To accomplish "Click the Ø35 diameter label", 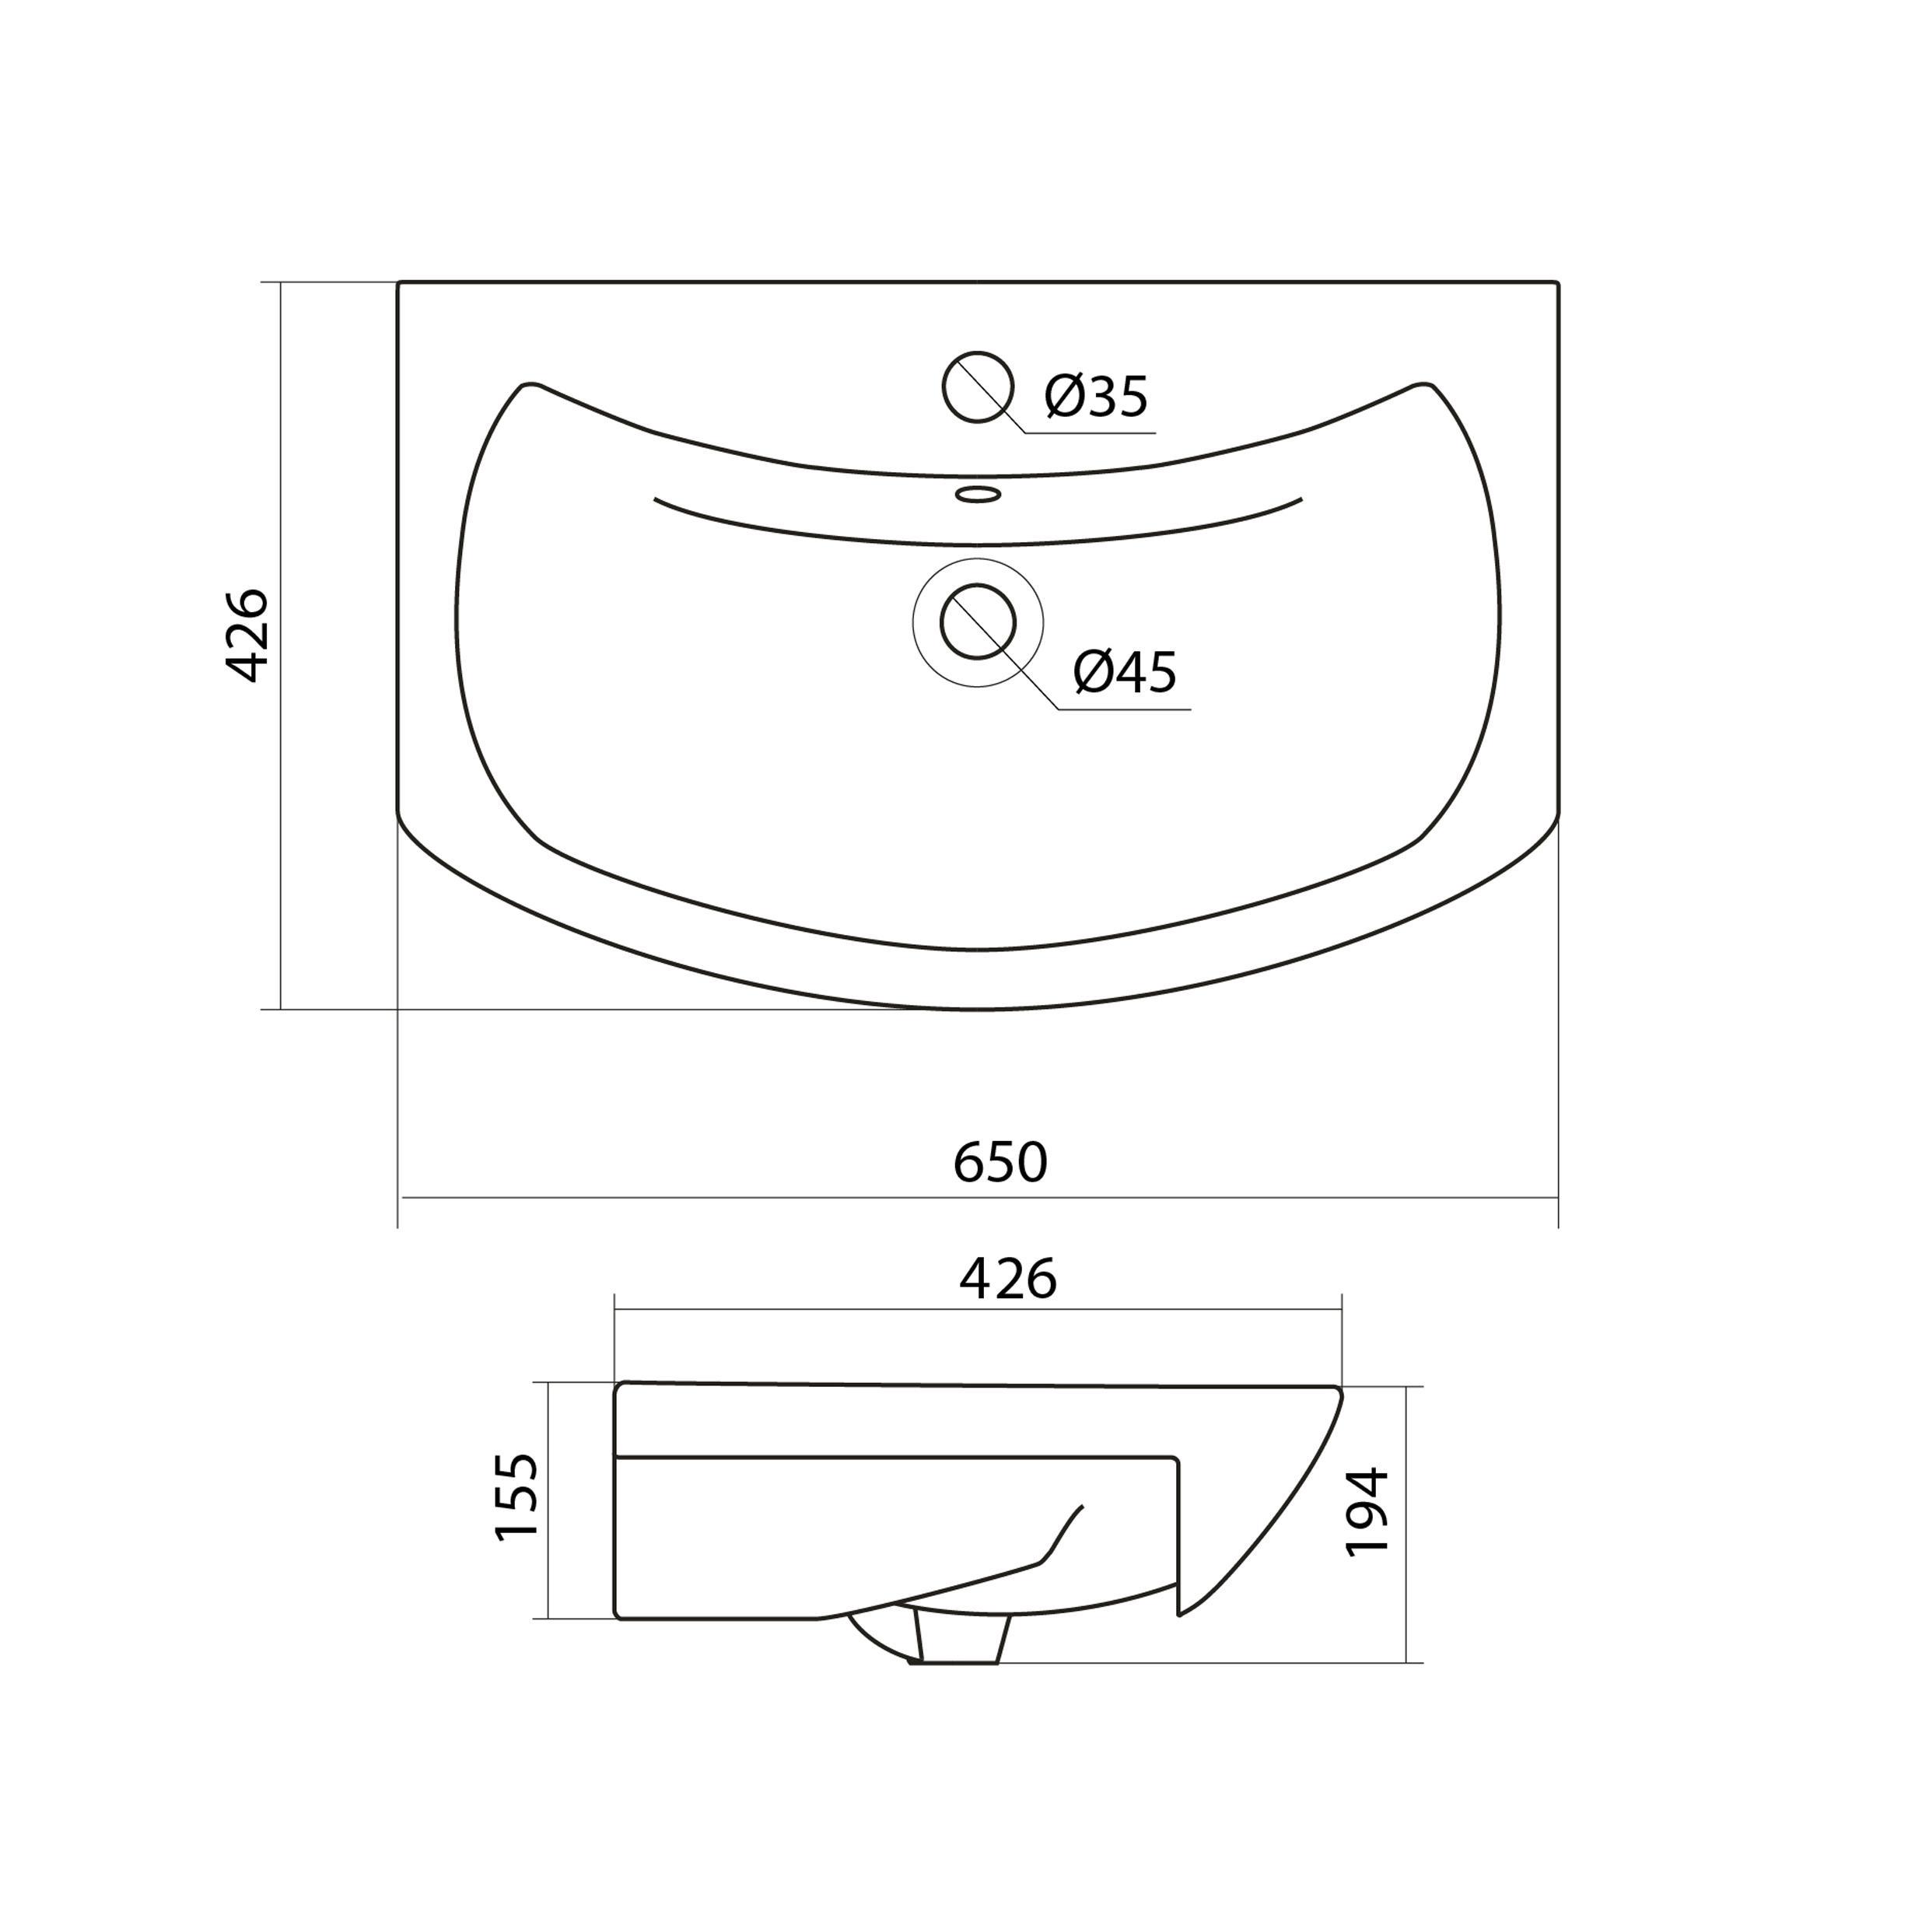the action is point(1096,397).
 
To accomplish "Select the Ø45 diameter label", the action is point(1126,672).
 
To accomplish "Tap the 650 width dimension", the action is point(1000,1162).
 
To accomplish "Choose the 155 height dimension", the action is point(517,1497).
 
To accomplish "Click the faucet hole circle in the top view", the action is point(978,387).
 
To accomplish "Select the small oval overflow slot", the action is point(978,494).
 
